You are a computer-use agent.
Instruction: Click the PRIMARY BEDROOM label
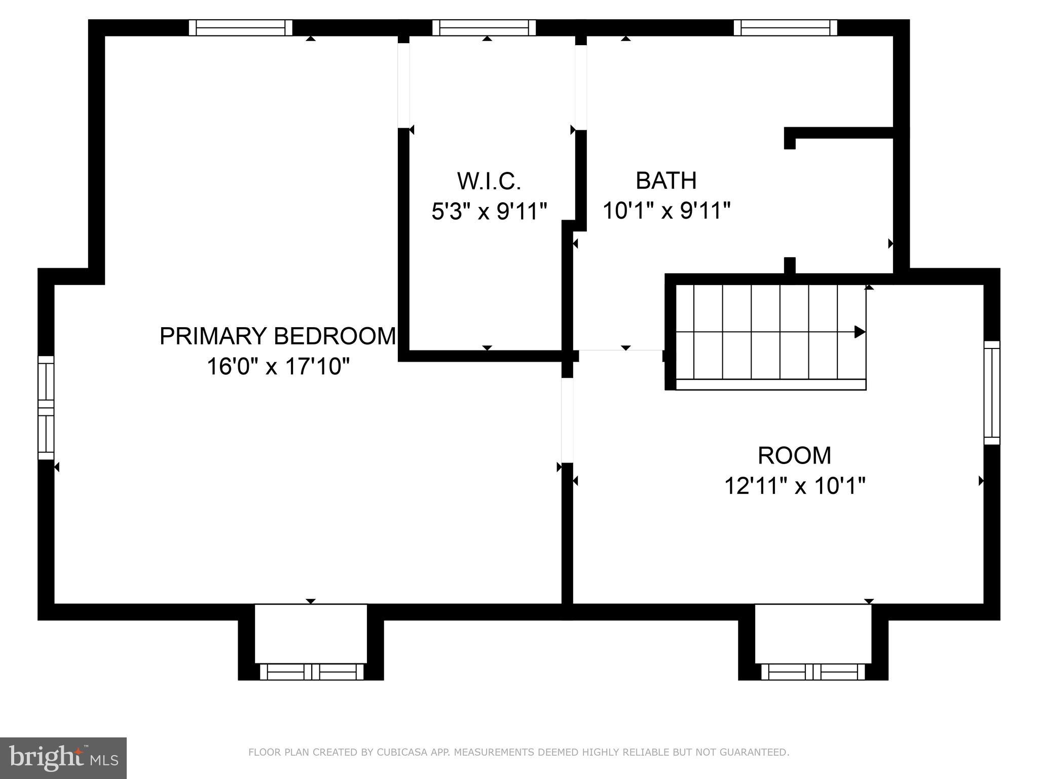tap(277, 336)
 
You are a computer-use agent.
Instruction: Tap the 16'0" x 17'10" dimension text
tap(278, 366)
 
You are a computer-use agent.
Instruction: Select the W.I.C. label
tap(489, 181)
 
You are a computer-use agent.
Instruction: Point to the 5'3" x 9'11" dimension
tap(489, 211)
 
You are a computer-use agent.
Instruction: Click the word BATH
tap(666, 181)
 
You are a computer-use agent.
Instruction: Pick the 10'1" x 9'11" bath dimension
tap(666, 210)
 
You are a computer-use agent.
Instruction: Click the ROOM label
tap(794, 455)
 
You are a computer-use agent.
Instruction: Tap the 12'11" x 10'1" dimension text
tap(794, 486)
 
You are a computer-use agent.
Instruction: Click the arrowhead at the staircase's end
tap(860, 332)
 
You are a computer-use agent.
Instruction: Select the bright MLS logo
tap(63, 758)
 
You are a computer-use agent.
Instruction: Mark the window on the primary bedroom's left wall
tap(46, 408)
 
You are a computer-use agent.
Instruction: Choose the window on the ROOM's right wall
tap(992, 393)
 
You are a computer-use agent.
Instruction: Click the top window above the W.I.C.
tap(484, 27)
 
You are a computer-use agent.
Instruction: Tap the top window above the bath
tap(785, 27)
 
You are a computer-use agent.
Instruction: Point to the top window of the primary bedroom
tap(241, 27)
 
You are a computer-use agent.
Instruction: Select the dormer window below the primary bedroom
tap(311, 671)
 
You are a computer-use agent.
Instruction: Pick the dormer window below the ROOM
tap(812, 671)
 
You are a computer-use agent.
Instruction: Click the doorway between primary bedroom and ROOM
tap(567, 420)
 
